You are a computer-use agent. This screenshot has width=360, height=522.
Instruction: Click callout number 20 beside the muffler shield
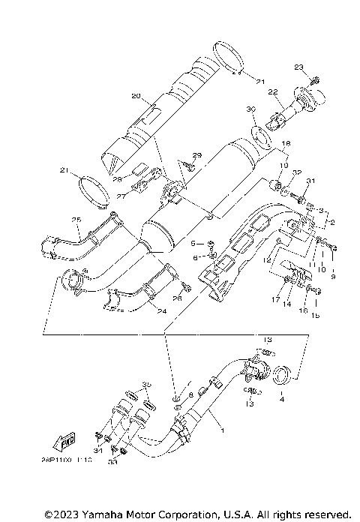click(x=136, y=96)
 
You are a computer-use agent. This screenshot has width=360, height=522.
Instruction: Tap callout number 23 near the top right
click(x=298, y=67)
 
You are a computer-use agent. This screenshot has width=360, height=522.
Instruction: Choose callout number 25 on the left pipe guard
click(x=76, y=219)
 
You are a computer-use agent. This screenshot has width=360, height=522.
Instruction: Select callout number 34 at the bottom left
click(x=97, y=451)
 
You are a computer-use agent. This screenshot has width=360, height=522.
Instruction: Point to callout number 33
click(x=112, y=463)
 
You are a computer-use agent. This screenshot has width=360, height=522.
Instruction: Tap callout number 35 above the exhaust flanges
click(x=146, y=383)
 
